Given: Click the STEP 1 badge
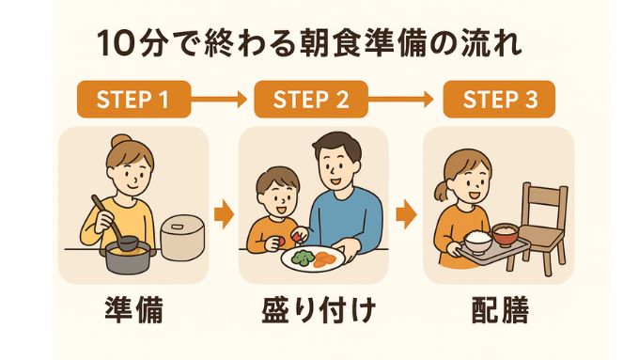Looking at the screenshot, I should [132, 98].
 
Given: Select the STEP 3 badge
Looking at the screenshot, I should [498, 98].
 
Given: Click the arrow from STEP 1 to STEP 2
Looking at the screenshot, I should [221, 98].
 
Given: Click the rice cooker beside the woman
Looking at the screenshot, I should [182, 237].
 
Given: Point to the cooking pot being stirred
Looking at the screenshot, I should [125, 254].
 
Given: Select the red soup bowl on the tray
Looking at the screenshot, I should [506, 231].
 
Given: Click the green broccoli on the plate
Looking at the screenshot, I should [304, 254].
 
